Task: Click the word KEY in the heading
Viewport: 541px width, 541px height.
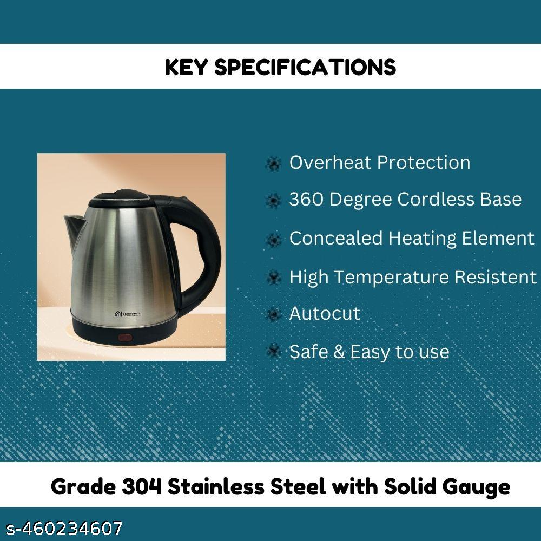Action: (186, 67)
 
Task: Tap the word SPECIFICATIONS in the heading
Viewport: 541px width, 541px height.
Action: (305, 67)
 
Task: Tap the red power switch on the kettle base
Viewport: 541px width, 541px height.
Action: (125, 337)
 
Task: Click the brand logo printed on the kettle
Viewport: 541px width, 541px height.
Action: (127, 314)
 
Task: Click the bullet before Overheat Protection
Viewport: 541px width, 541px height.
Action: (274, 164)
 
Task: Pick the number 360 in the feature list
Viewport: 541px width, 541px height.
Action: (306, 199)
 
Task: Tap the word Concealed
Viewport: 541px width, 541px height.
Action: (336, 238)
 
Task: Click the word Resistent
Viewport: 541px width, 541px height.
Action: (496, 276)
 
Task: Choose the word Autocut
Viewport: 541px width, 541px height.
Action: (325, 314)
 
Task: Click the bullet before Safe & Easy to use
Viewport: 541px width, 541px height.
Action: (274, 351)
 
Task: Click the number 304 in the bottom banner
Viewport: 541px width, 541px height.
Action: (142, 487)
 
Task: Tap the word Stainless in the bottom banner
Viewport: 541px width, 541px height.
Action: (217, 486)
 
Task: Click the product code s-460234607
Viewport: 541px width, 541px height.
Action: (64, 528)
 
